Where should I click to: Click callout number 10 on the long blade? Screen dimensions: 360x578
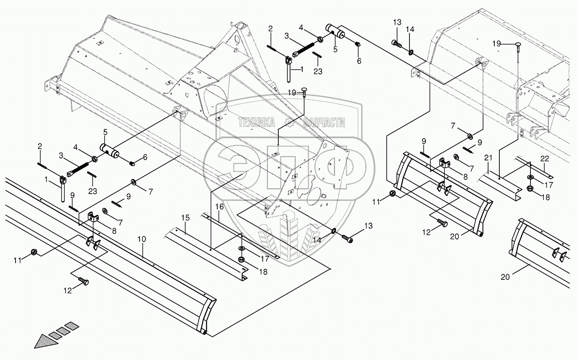[x=142, y=239]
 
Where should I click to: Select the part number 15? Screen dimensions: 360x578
[x=185, y=218]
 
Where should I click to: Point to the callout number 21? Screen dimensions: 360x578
[x=488, y=158]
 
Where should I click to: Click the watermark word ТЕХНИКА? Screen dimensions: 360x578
[x=256, y=123]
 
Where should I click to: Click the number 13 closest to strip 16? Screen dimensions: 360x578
[x=368, y=226]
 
